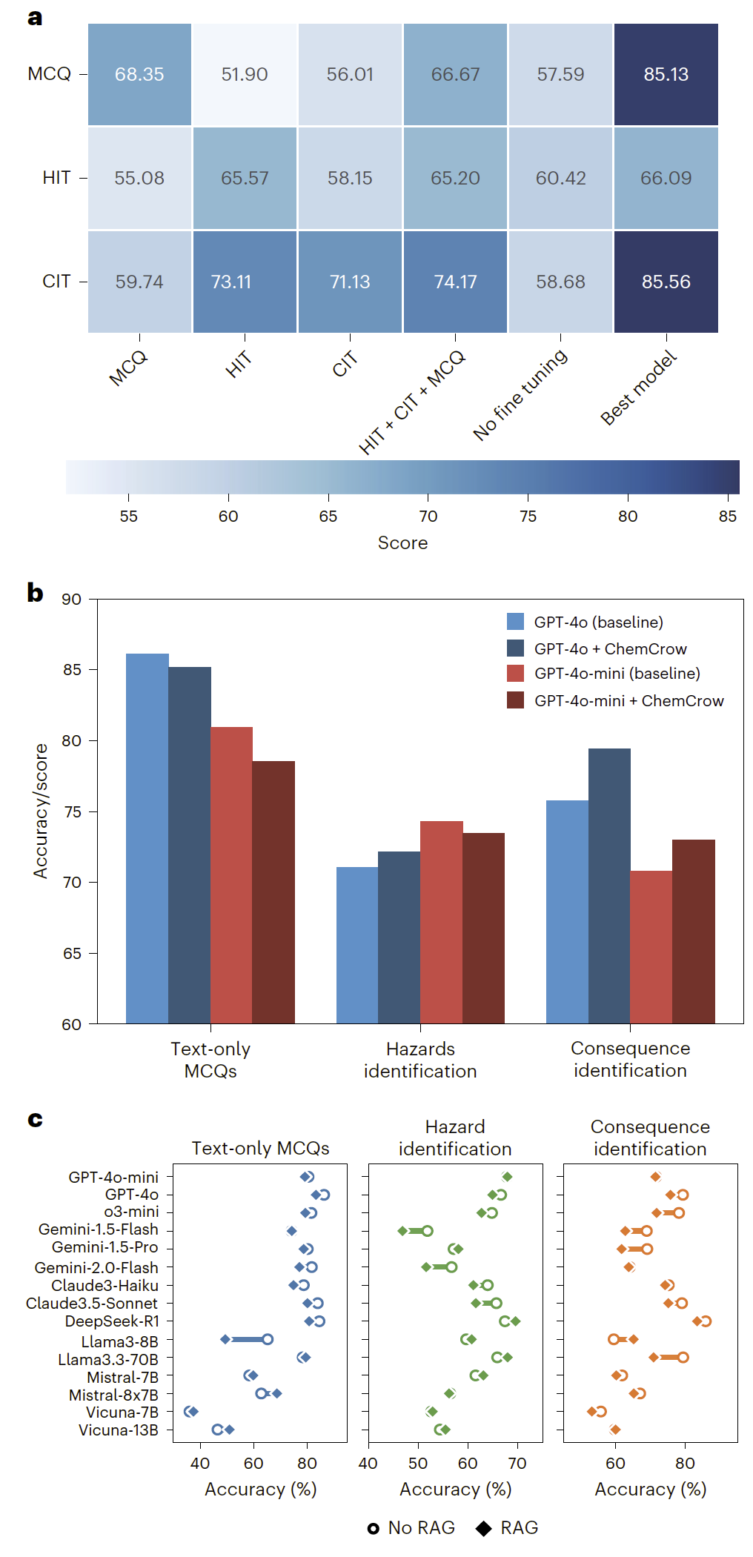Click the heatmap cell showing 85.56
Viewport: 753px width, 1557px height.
click(x=666, y=282)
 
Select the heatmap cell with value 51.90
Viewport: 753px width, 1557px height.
click(x=245, y=74)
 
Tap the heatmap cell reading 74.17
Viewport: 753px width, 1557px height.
click(x=455, y=282)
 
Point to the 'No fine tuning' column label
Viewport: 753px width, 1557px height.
click(x=521, y=394)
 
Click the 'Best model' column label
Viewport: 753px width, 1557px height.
click(x=638, y=388)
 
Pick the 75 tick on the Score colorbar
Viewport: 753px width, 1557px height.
click(x=528, y=516)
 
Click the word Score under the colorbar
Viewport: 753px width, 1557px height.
click(x=402, y=542)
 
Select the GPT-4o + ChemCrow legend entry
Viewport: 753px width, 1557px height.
click(x=610, y=648)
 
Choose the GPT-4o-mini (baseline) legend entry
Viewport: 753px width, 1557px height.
click(x=617, y=673)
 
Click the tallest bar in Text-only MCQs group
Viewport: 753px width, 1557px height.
click(x=147, y=837)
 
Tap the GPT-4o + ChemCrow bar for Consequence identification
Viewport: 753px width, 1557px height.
click(x=609, y=886)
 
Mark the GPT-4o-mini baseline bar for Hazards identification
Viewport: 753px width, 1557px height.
click(x=441, y=922)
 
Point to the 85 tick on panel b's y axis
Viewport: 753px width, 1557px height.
click(x=72, y=669)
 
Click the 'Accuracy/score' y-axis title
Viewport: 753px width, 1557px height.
click(x=41, y=811)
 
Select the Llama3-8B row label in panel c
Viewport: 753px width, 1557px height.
click(x=119, y=1341)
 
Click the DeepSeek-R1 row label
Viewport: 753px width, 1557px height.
click(x=111, y=1321)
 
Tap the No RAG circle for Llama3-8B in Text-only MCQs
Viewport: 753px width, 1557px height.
click(x=268, y=1339)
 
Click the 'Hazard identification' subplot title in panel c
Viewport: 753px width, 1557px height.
click(x=454, y=1138)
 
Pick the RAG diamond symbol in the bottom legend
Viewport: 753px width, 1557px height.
click(x=484, y=1528)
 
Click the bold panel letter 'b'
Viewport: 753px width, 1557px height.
click(x=35, y=593)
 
